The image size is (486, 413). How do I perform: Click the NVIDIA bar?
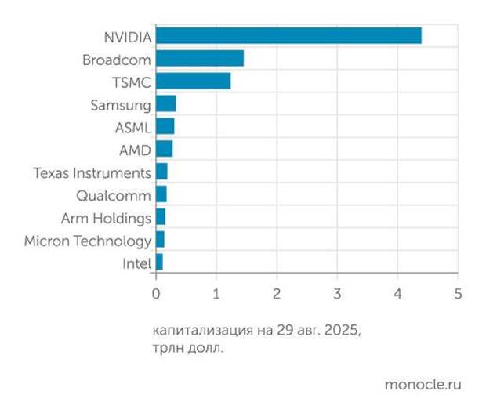(288, 36)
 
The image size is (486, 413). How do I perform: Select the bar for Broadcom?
(199, 59)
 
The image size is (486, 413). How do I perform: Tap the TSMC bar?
(193, 82)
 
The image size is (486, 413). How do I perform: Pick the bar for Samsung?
(165, 104)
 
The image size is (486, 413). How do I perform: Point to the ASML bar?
(165, 127)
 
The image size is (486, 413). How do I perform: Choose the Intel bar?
(159, 263)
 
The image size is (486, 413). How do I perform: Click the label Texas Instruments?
(92, 172)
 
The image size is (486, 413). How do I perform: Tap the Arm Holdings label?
(106, 218)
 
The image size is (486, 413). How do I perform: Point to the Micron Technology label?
(88, 241)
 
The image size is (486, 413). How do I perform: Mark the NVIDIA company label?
(127, 36)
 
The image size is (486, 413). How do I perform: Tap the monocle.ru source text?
(423, 385)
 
